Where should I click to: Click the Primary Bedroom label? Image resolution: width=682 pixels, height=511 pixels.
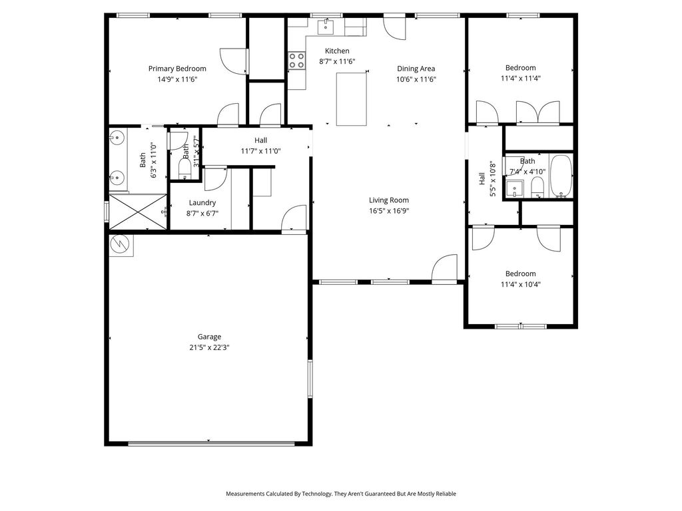[177, 69]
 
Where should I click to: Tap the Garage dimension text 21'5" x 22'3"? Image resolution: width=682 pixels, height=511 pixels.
[209, 347]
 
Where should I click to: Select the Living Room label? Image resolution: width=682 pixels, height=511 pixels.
[389, 200]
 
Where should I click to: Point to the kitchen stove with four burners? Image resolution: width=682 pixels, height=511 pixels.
[296, 61]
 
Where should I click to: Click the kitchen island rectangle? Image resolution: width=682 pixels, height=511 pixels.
[352, 99]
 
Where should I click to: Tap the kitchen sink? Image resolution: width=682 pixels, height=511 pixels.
[325, 26]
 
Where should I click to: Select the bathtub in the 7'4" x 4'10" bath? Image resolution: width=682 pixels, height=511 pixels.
[561, 176]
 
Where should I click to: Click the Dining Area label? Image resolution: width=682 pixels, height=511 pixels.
[416, 69]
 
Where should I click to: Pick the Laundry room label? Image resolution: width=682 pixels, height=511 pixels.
[202, 203]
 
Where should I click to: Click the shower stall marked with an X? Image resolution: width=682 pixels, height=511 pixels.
[137, 212]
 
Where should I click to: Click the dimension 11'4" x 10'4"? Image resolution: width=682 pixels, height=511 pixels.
[521, 285]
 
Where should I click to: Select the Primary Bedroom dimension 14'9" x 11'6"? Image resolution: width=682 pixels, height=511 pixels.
[177, 80]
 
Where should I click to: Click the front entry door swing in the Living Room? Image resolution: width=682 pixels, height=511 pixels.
[444, 267]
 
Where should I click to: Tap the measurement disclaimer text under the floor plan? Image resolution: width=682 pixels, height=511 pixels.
[341, 494]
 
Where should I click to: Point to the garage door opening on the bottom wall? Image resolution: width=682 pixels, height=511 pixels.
[211, 444]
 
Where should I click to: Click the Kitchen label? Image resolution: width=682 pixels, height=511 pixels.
[337, 51]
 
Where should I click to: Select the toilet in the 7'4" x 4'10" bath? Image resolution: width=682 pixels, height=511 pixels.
[538, 187]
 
